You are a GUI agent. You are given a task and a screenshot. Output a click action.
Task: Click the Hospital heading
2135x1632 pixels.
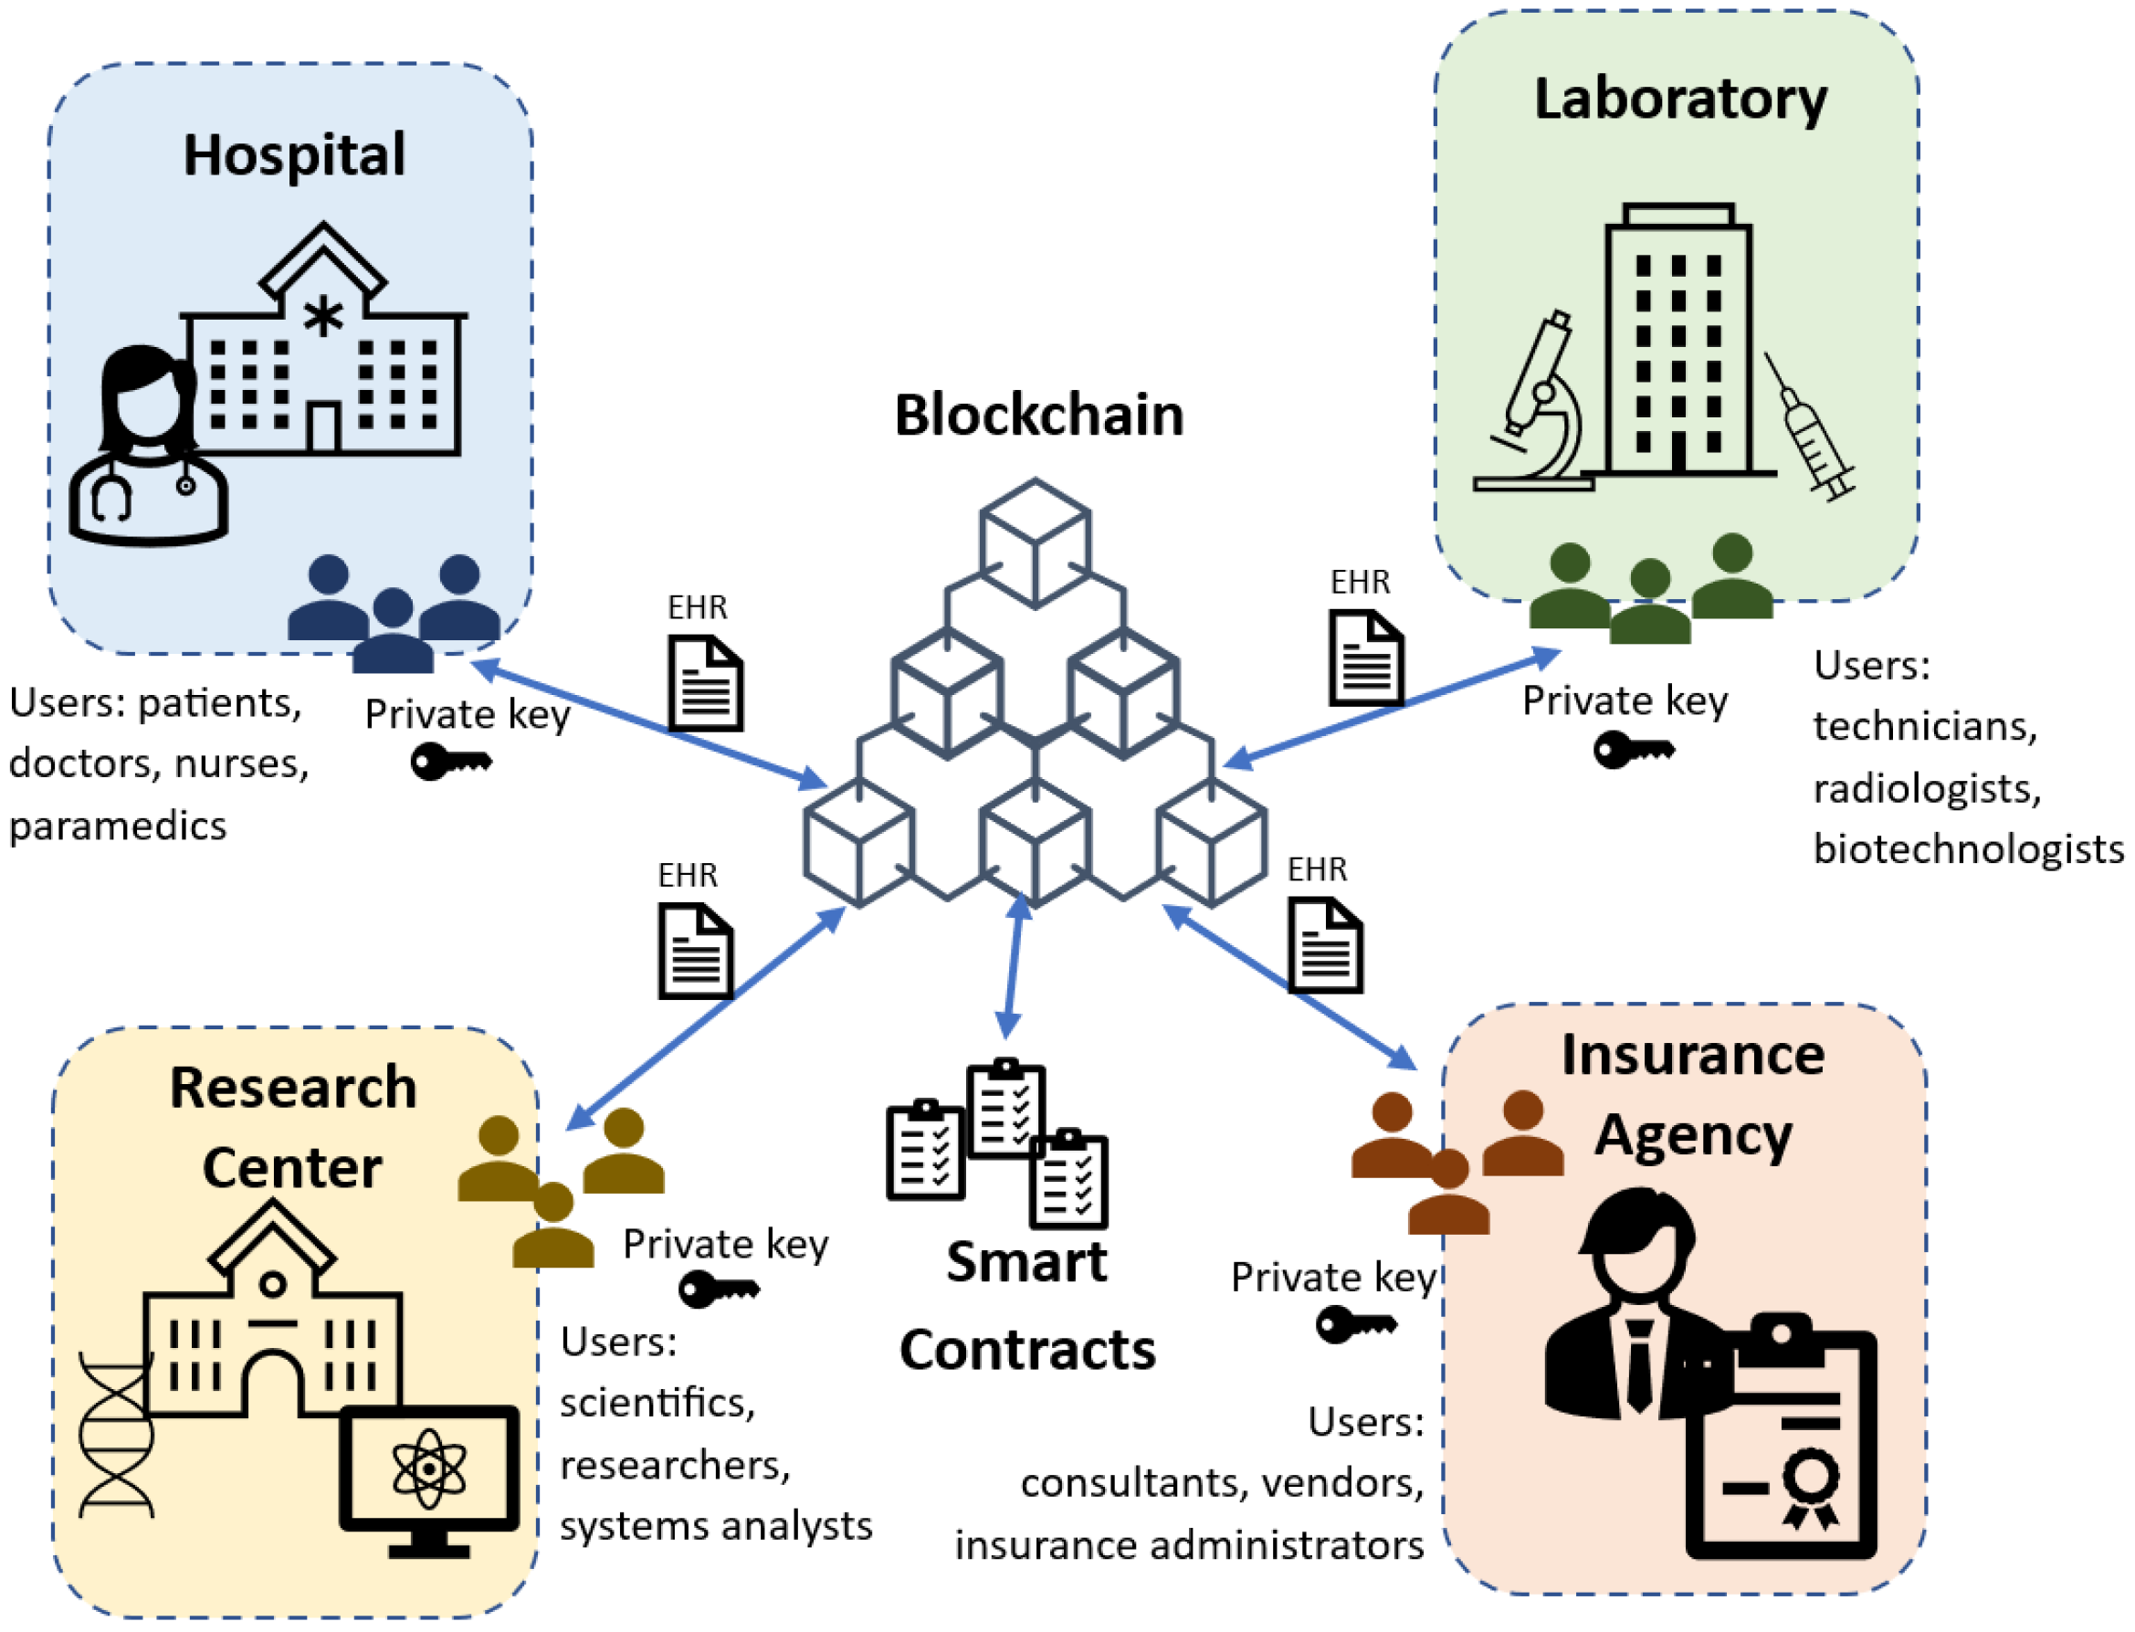pyautogui.click(x=294, y=155)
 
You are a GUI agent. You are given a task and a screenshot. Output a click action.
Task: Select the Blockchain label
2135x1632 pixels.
pyautogui.click(x=1038, y=416)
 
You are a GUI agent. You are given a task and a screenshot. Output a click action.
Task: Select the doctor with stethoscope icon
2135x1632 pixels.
pyautogui.click(x=148, y=447)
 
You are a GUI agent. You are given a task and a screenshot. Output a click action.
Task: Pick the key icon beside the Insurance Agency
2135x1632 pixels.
pyautogui.click(x=1356, y=1323)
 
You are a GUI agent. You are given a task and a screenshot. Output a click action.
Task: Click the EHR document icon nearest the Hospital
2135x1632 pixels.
pyautogui.click(x=705, y=683)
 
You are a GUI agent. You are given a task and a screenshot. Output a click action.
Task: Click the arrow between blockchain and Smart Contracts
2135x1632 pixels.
pyautogui.click(x=1014, y=966)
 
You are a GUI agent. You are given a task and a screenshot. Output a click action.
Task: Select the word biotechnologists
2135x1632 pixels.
pyautogui.click(x=1968, y=849)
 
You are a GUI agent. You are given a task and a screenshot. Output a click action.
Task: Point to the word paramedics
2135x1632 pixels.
pyautogui.click(x=118, y=827)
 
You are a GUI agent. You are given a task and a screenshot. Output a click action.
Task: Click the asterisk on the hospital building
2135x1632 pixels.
pyautogui.click(x=323, y=317)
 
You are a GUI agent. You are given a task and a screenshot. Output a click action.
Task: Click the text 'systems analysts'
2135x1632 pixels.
pyautogui.click(x=716, y=1526)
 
